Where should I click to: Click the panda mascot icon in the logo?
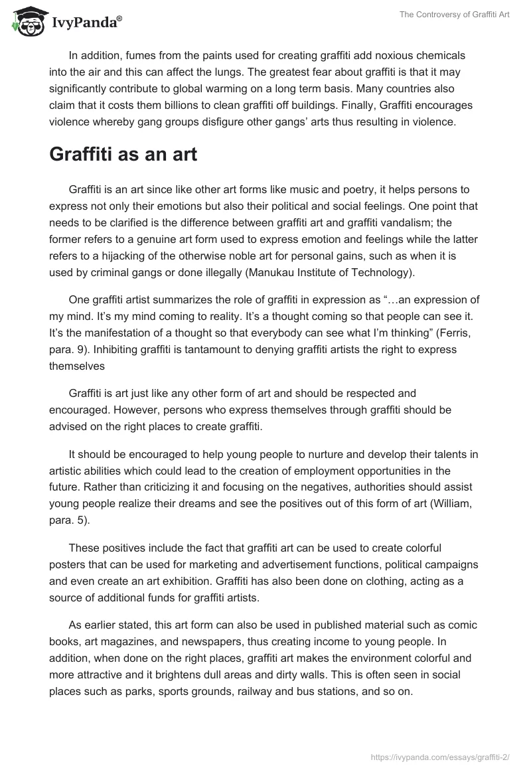26,22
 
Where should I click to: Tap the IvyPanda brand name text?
86,23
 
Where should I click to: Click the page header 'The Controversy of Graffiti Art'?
455,15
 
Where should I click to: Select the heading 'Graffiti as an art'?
123,155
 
